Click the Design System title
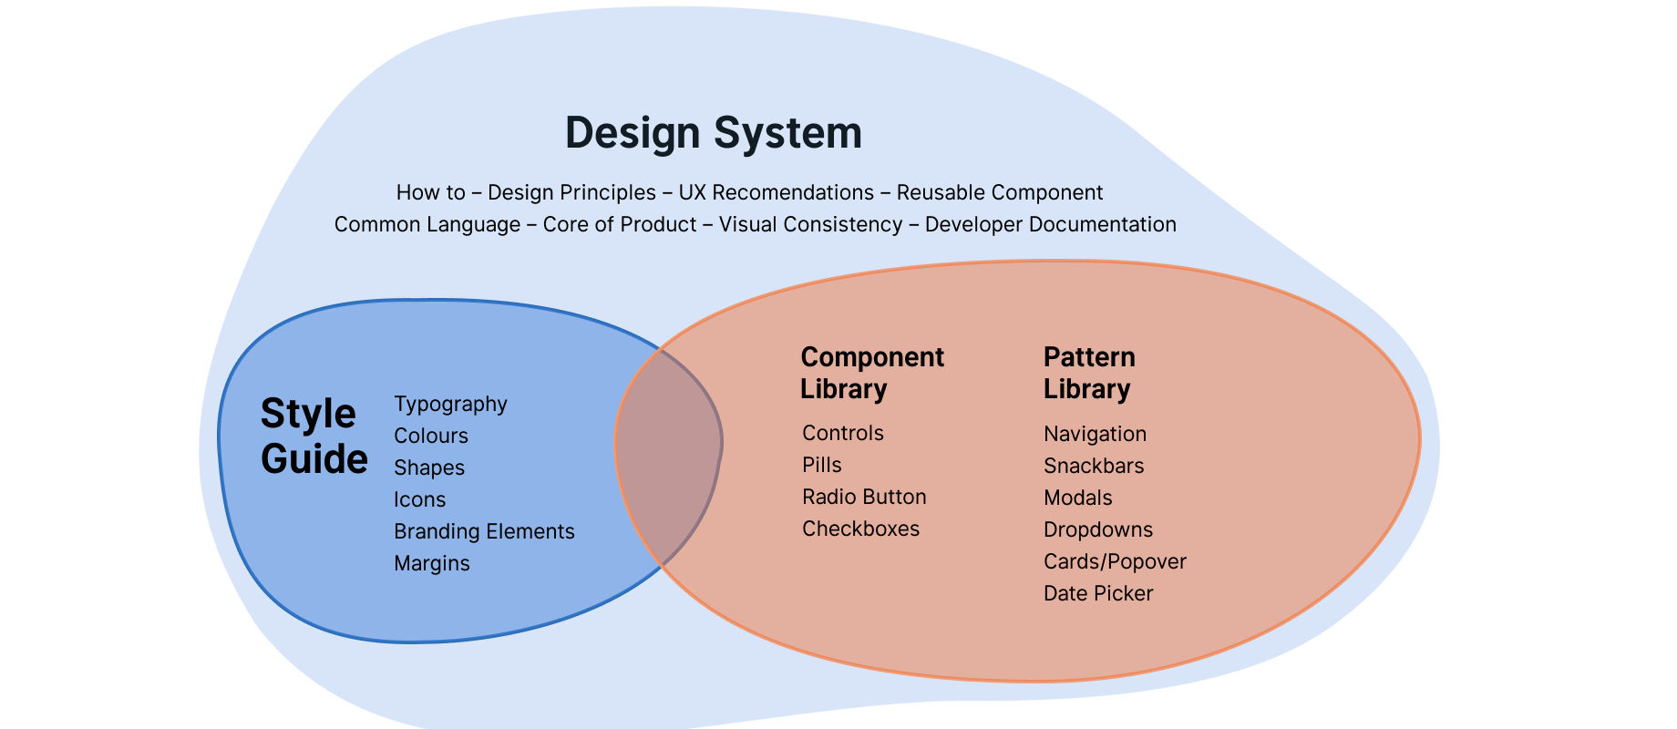[713, 133]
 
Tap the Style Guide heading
[314, 436]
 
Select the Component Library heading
[871, 373]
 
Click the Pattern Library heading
[1088, 373]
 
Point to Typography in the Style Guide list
[450, 404]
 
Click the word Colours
[430, 436]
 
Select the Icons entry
[419, 499]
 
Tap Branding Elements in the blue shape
[484, 531]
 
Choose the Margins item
[431, 563]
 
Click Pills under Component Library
[821, 465]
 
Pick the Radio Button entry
[863, 497]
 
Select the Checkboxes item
[860, 529]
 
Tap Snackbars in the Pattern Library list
[1093, 466]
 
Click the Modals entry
[1077, 498]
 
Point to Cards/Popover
[1114, 561]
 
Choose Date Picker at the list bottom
[1097, 593]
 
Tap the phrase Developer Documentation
[1050, 224]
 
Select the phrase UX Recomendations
[776, 192]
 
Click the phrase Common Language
[427, 224]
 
